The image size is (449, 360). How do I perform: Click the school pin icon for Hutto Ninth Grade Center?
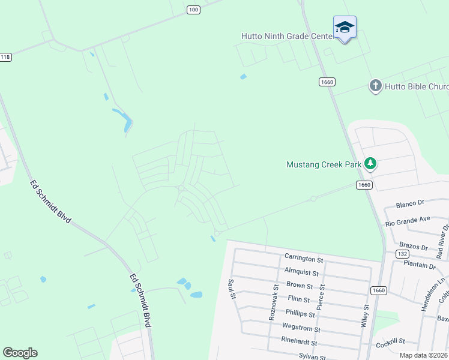pyautogui.click(x=345, y=28)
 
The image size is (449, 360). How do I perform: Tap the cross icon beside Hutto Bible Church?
pyautogui.click(x=376, y=86)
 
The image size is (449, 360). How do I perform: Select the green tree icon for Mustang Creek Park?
pyautogui.click(x=370, y=163)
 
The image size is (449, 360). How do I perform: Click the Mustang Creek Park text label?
pyautogui.click(x=324, y=164)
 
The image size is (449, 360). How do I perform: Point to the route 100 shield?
pyautogui.click(x=193, y=10)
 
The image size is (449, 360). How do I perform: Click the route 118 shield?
pyautogui.click(x=5, y=57)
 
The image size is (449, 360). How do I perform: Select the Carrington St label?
pyautogui.click(x=304, y=259)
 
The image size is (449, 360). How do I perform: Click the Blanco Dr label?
pyautogui.click(x=410, y=204)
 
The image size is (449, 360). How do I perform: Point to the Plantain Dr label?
pyautogui.click(x=420, y=265)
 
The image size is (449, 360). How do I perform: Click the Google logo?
pyautogui.click(x=20, y=353)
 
